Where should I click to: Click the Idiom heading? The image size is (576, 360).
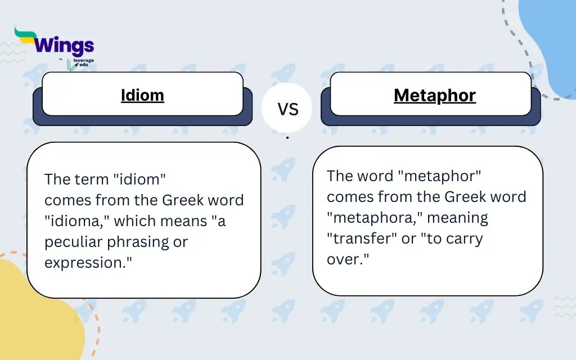tap(142, 95)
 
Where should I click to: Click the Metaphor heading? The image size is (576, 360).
tap(435, 95)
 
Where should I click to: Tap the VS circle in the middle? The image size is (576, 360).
tap(287, 109)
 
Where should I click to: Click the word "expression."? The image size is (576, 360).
tap(88, 263)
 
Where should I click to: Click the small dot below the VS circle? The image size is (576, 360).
tap(287, 137)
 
